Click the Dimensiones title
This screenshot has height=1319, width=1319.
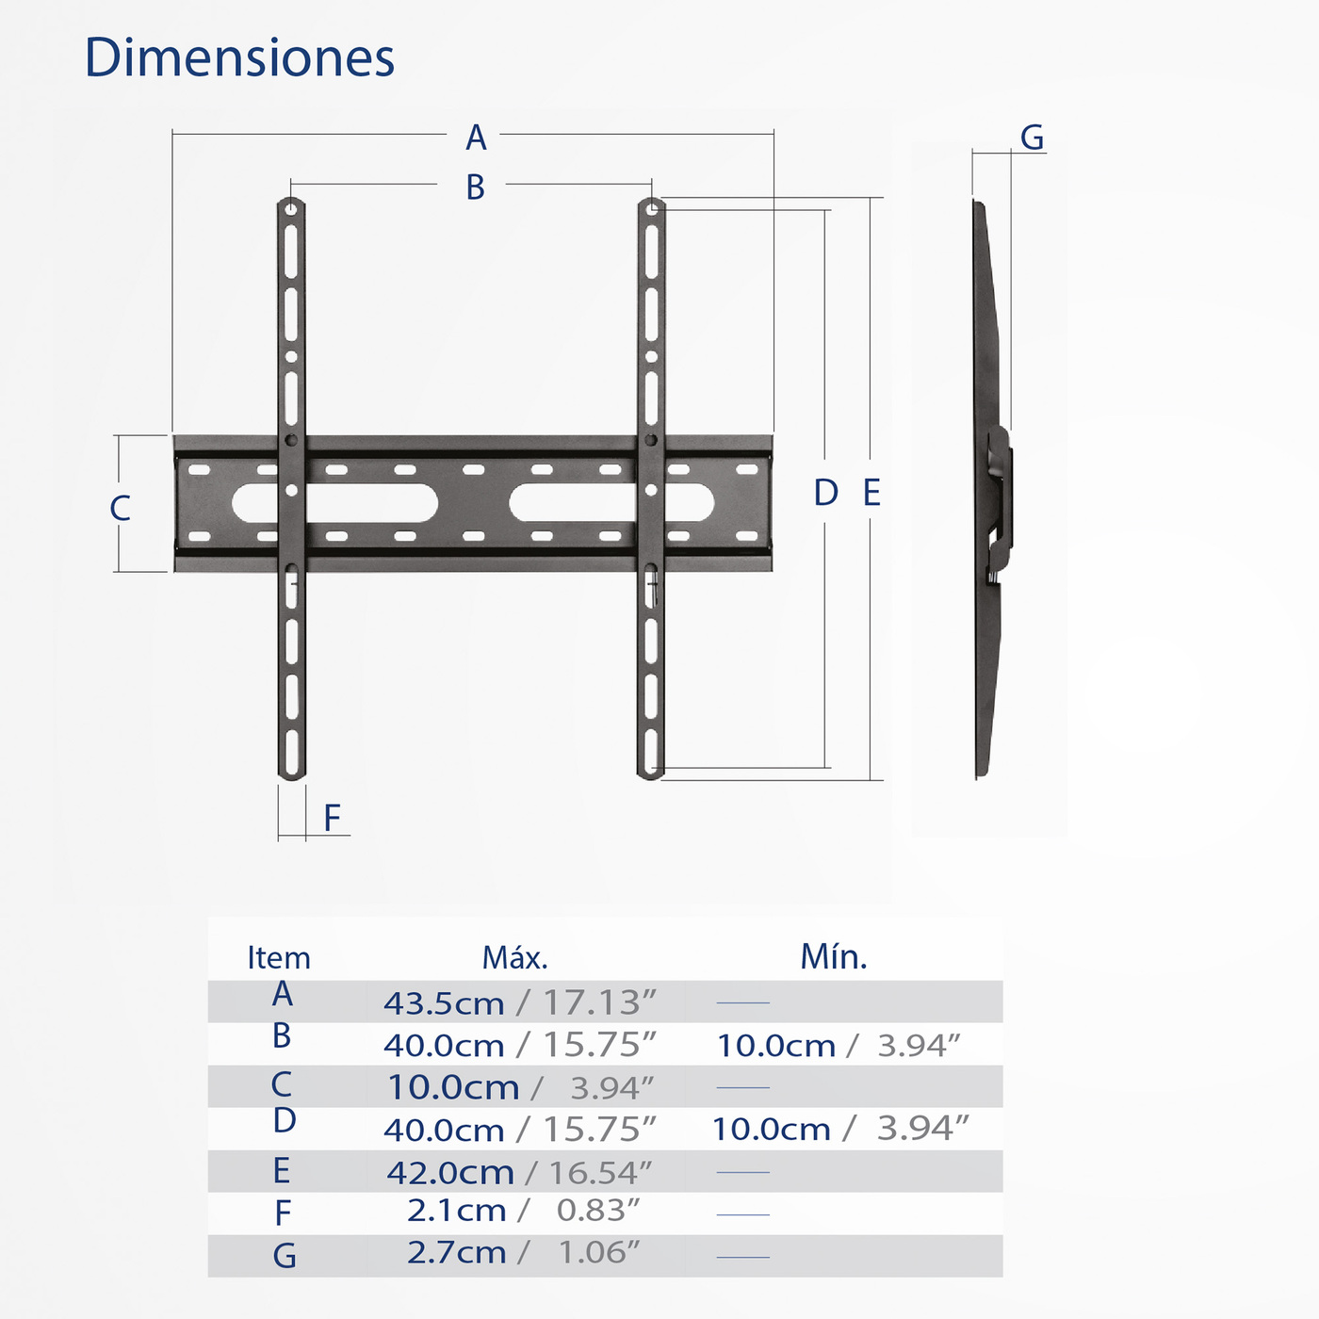239,57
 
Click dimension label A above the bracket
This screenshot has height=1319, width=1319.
476,138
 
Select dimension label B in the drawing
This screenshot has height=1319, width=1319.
476,187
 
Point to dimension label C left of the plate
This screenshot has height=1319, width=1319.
120,508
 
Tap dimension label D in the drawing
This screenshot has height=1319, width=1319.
825,493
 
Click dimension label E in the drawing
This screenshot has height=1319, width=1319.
871,493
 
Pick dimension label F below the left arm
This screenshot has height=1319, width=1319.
332,818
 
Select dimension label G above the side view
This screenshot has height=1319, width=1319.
1032,138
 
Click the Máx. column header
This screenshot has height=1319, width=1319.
514,958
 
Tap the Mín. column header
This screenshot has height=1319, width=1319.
833,957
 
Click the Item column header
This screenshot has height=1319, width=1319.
278,958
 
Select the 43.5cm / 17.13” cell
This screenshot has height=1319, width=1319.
519,1002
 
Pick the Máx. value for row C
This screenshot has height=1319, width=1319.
519,1087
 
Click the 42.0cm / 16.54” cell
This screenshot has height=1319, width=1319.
519,1172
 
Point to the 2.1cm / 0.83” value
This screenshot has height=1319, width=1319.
523,1211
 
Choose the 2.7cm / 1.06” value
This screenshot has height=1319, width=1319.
523,1253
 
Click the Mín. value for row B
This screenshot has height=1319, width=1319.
838,1045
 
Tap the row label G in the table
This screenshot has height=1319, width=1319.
284,1256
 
